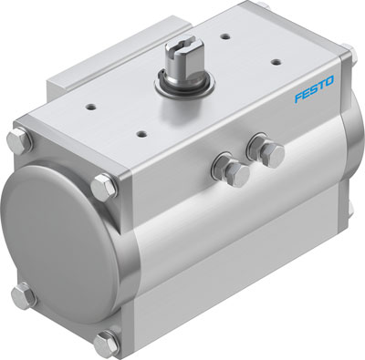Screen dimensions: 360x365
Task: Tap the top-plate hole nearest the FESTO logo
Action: [276, 61]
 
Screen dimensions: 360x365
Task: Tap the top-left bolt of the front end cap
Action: [19, 144]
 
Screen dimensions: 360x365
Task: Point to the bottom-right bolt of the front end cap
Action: [106, 343]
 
